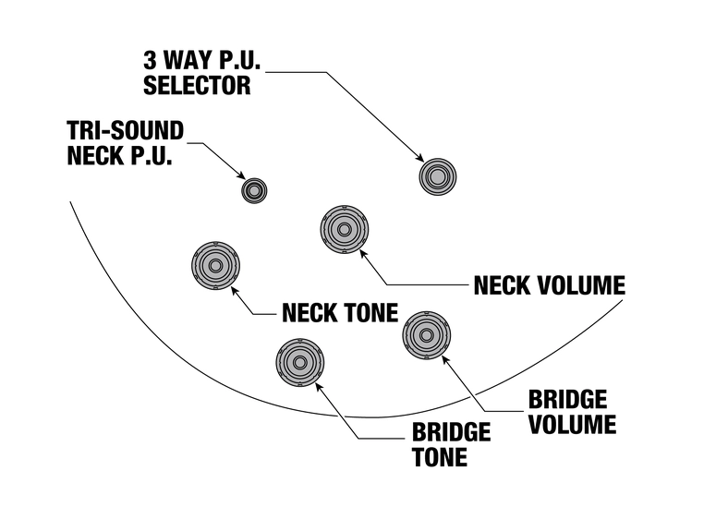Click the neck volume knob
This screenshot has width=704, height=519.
tap(344, 229)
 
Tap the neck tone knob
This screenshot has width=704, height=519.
tap(215, 265)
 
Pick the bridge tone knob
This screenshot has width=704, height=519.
tap(300, 361)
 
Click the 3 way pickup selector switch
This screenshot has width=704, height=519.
tap(436, 175)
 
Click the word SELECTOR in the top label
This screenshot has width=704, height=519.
tap(197, 87)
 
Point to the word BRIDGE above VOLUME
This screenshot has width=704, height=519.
tap(567, 400)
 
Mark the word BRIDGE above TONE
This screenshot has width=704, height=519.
tap(451, 432)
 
